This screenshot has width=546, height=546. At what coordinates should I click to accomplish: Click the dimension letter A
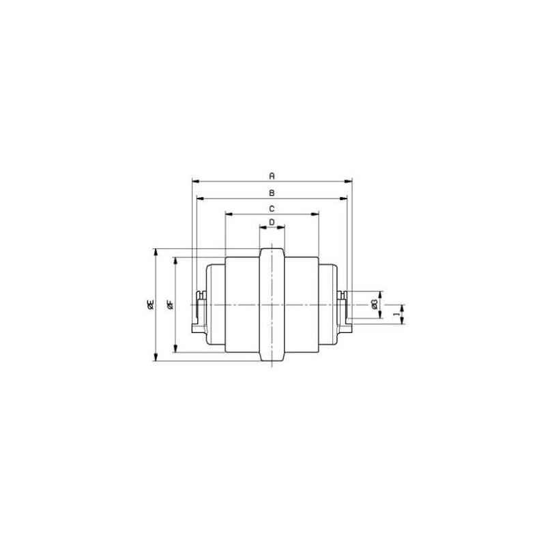click(x=272, y=175)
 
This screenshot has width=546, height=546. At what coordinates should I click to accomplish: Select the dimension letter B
click(x=272, y=192)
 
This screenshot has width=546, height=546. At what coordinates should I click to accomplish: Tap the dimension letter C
click(x=272, y=209)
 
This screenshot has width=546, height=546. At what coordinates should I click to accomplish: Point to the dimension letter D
click(x=272, y=222)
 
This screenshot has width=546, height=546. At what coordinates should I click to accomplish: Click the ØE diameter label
click(x=150, y=304)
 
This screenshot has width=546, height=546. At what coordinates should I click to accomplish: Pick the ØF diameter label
click(x=170, y=304)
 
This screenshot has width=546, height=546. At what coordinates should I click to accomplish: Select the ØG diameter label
click(x=374, y=304)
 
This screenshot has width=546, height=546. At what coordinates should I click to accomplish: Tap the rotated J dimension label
click(x=396, y=314)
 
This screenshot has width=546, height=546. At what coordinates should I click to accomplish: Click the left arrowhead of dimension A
click(x=195, y=182)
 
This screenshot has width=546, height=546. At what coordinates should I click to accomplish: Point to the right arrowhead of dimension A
click(x=348, y=182)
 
